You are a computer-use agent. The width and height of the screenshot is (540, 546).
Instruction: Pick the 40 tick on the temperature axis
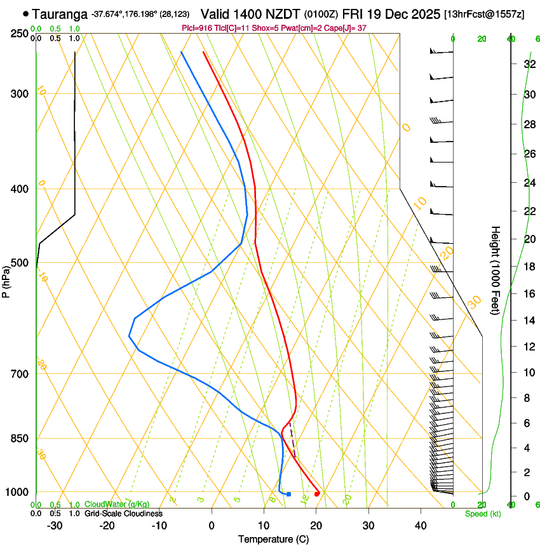point(420,526)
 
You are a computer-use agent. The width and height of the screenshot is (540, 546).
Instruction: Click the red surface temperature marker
point(317,494)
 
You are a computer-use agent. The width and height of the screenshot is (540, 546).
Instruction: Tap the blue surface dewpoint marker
point(288,494)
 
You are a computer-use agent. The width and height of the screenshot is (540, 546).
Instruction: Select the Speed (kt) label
point(482,514)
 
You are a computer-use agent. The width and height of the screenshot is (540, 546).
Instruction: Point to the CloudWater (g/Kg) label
point(117,505)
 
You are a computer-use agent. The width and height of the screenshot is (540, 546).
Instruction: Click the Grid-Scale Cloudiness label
point(123,513)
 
